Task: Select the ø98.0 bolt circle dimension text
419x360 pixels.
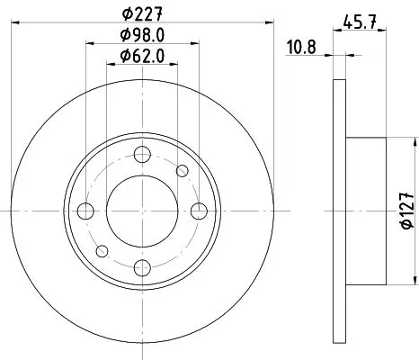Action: [141, 36]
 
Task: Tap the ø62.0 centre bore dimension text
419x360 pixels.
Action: [141, 57]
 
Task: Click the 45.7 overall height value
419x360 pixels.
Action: [360, 21]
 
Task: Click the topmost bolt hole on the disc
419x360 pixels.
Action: [141, 154]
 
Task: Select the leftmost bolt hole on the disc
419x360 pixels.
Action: [85, 211]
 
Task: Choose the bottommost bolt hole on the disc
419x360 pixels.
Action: [141, 266]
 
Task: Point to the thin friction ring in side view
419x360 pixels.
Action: [339, 211]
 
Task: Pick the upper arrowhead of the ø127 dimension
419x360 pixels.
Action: [415, 142]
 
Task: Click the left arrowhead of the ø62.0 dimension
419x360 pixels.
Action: [110, 67]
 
